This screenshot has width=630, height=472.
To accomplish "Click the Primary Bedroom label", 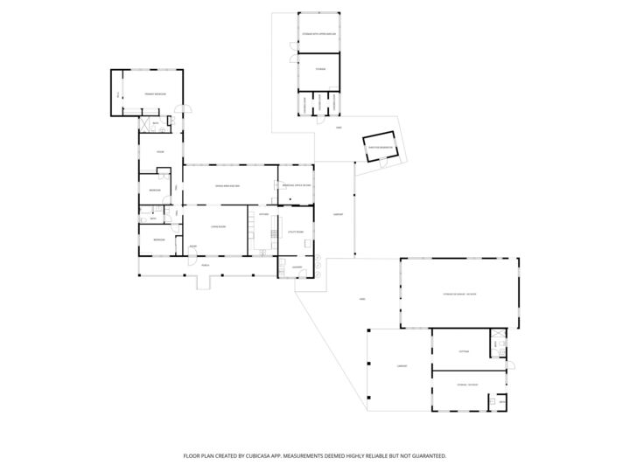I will (x=155, y=92).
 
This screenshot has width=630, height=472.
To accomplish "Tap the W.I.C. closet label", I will (x=117, y=94).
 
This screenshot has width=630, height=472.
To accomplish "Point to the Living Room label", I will (x=219, y=227).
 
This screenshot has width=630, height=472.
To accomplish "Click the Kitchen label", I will (x=263, y=213).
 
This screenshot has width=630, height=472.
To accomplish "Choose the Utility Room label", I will (x=295, y=232).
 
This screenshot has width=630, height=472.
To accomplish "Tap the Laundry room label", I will (x=297, y=267).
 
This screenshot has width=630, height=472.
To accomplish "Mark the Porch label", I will (x=205, y=265).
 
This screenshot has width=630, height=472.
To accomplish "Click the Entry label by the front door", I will (x=193, y=247).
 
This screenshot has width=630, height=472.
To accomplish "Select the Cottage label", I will (x=464, y=351).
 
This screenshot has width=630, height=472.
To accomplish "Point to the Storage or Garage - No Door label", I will (x=458, y=294).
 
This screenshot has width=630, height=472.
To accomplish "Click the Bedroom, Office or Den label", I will (x=295, y=186).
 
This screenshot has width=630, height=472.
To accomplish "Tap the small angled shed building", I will (x=382, y=148).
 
